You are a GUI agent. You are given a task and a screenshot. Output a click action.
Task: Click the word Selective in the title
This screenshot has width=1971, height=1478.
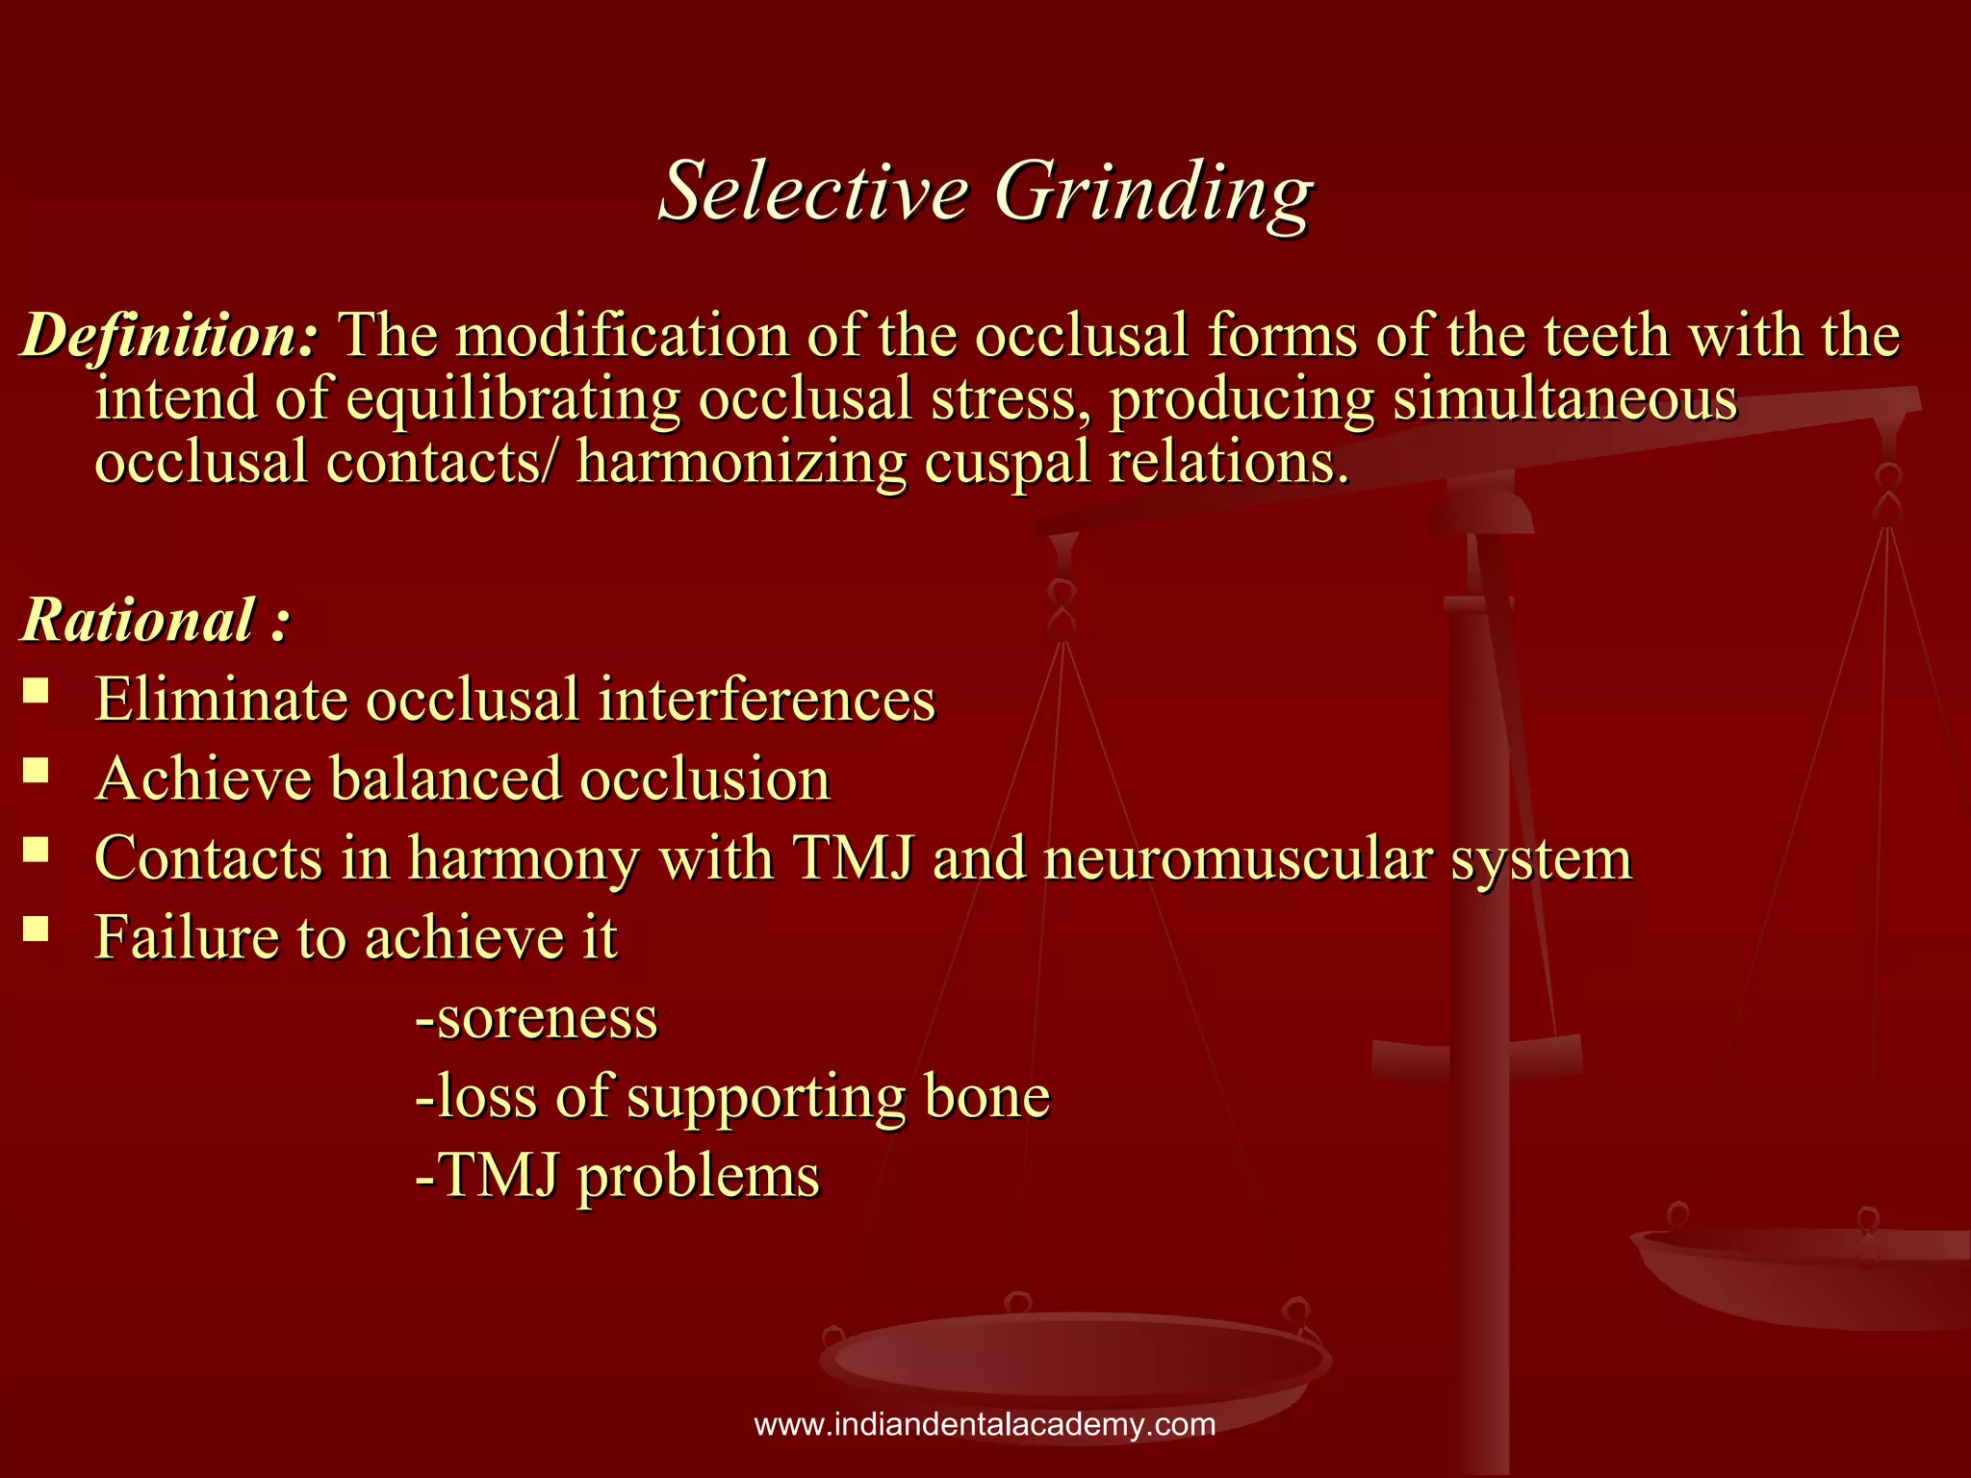tap(813, 191)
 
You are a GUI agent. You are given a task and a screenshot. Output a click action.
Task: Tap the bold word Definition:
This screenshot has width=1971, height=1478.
tap(169, 337)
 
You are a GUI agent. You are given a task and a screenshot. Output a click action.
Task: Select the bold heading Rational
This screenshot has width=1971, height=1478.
tap(140, 620)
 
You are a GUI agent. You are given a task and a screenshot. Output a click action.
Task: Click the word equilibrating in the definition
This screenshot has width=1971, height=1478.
tap(512, 400)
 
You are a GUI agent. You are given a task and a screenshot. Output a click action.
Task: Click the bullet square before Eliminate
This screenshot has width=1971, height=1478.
tap(36, 690)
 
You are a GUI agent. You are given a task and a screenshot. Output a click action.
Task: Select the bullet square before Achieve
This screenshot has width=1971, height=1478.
tap(36, 770)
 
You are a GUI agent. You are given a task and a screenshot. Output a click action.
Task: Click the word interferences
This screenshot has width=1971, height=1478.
tap(766, 700)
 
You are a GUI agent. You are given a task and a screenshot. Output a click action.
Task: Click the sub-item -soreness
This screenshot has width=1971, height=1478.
tap(536, 1018)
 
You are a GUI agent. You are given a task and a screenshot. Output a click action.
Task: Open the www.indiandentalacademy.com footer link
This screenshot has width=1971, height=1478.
tap(985, 1424)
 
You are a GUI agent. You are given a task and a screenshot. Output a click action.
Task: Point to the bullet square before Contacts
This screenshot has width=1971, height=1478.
tap(36, 850)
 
